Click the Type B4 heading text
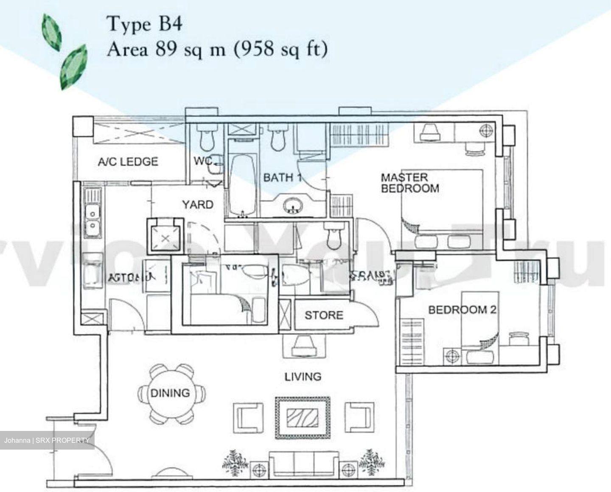point(145,24)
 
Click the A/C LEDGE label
point(128,162)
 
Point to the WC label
point(203,162)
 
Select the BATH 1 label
point(282,177)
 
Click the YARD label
point(197,205)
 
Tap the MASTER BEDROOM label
point(409,183)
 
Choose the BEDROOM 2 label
point(462,310)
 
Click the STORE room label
point(324,315)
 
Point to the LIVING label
point(303,376)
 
